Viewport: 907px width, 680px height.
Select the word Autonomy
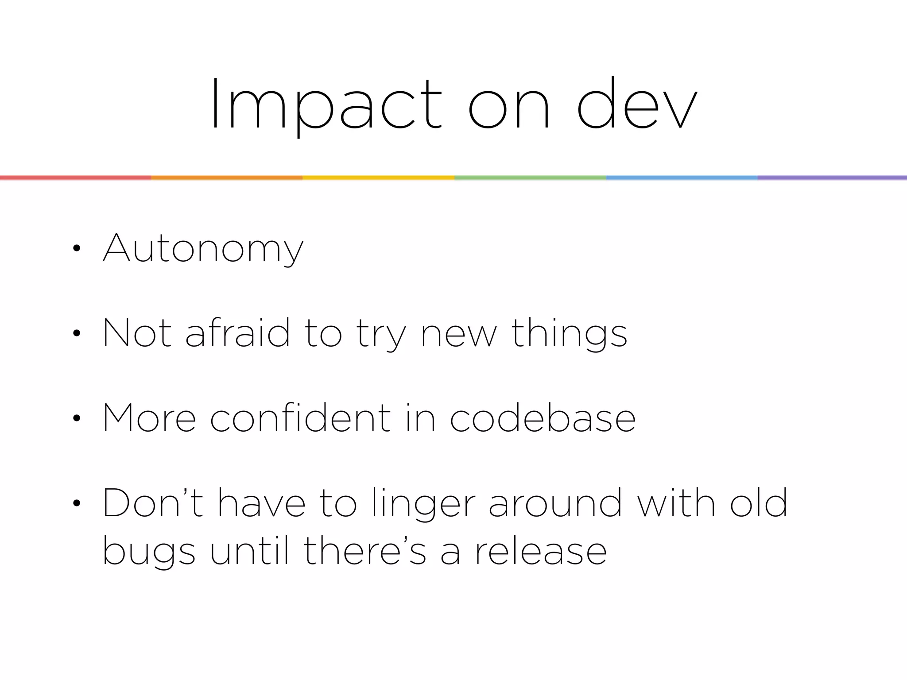pyautogui.click(x=203, y=249)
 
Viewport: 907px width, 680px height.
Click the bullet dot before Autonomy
pyautogui.click(x=77, y=249)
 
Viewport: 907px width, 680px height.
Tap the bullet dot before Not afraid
pyautogui.click(x=77, y=333)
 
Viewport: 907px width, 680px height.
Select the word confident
pyautogui.click(x=300, y=418)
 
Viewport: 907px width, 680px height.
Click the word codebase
pyautogui.click(x=543, y=418)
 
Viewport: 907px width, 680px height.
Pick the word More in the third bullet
pyautogui.click(x=149, y=418)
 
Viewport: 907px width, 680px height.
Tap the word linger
pyautogui.click(x=424, y=503)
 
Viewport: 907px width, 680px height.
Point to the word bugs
pyautogui.click(x=149, y=552)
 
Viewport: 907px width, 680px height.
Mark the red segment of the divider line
pyautogui.click(x=75, y=178)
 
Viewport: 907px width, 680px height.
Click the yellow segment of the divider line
pyautogui.click(x=378, y=178)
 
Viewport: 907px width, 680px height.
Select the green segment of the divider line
pyautogui.click(x=530, y=178)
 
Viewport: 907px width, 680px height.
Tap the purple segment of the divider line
pyautogui.click(x=832, y=178)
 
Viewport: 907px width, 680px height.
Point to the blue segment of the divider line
pyautogui.click(x=682, y=178)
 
